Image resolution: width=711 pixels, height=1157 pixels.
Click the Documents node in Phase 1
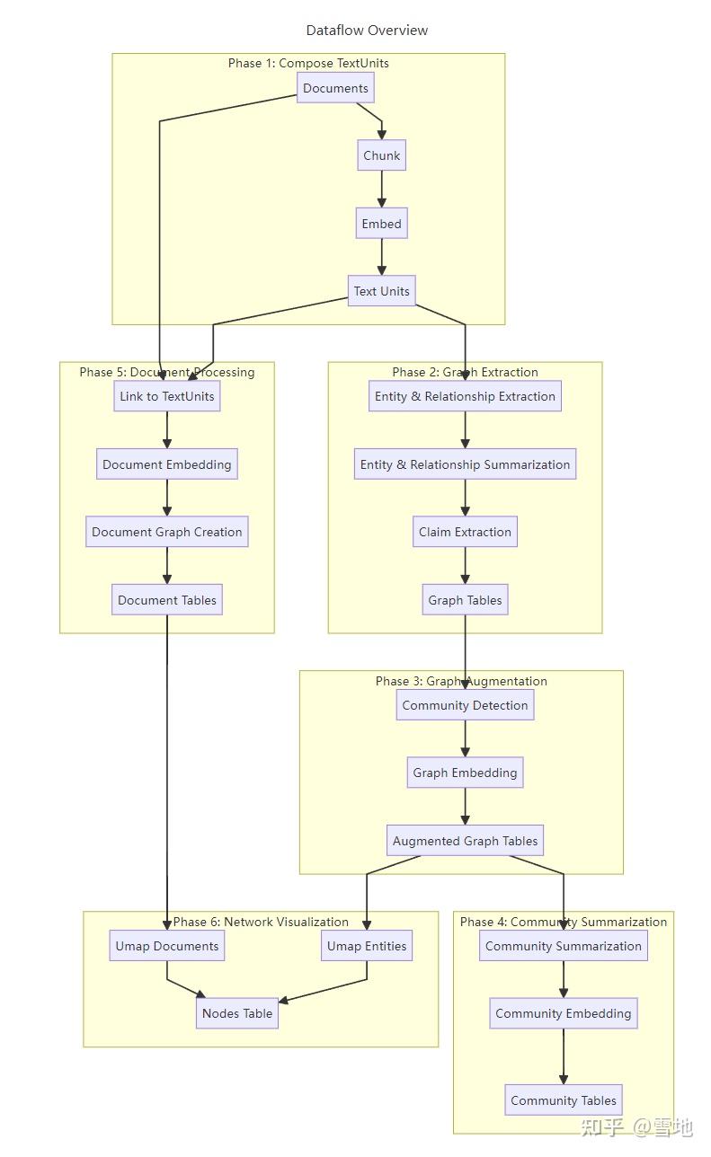coord(335,88)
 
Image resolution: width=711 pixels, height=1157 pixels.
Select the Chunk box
coord(382,155)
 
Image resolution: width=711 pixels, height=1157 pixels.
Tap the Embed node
coord(382,224)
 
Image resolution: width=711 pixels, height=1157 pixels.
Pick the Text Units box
coord(382,291)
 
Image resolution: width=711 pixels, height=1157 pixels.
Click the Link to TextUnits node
coord(167,396)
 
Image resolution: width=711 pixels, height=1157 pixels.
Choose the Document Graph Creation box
coord(167,532)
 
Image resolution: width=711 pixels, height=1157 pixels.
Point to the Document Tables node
coord(167,600)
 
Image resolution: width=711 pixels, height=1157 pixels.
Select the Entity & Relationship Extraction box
coord(465,396)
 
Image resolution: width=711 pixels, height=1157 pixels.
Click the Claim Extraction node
coord(465,532)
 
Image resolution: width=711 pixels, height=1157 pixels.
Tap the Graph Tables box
coord(465,600)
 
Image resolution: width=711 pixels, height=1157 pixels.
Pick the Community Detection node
coord(465,705)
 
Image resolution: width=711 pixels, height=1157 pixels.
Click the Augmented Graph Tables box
coord(465,841)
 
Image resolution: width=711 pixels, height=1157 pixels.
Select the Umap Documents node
coord(167,946)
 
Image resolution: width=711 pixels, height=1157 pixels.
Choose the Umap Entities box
coord(367,946)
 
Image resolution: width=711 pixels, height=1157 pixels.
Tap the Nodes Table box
coord(237,1013)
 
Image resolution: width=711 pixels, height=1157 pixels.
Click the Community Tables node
coord(564,1100)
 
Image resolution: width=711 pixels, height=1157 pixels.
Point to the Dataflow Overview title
coord(367,31)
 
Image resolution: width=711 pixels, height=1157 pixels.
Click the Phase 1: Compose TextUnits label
coord(308,63)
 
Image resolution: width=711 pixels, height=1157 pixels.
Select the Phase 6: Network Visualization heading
coord(261,922)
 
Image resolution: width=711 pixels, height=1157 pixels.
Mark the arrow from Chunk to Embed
coord(382,190)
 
